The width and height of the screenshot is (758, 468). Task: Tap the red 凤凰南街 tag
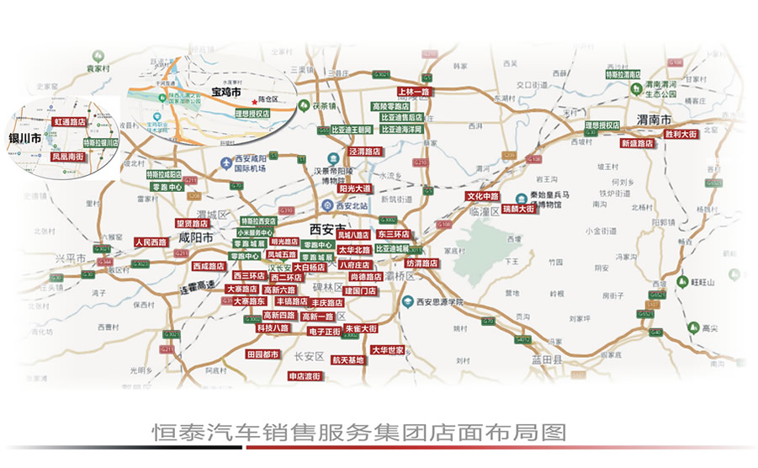point(67,157)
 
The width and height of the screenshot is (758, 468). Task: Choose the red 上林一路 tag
point(413,91)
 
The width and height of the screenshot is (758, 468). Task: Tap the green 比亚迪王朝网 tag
point(352,130)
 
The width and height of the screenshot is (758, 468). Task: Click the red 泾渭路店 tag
point(365,152)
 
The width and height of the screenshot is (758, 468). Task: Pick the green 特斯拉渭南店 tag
point(629,74)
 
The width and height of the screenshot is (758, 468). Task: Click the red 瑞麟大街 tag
point(518,208)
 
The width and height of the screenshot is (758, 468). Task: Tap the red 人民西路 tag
point(151,242)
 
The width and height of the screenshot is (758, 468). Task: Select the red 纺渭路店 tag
point(422,263)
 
